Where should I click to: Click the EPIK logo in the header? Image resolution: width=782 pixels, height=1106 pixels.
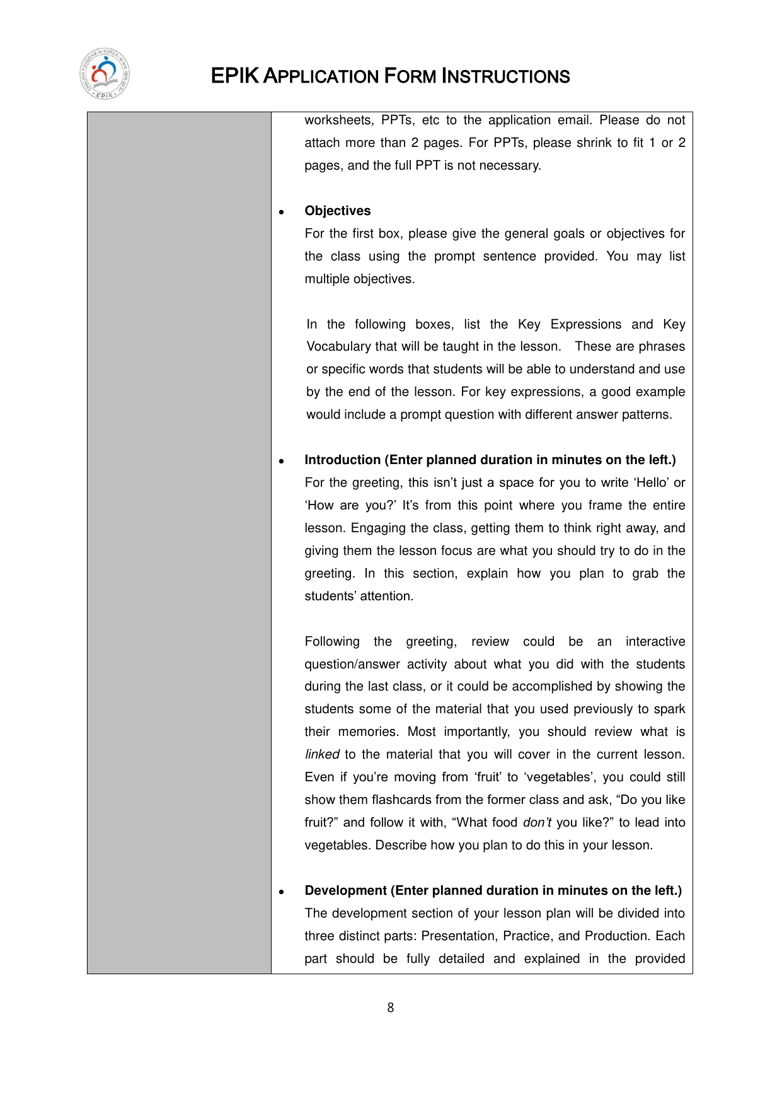[104, 74]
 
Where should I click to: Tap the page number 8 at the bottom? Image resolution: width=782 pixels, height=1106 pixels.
[391, 1008]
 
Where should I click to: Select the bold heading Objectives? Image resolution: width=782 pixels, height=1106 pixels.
[338, 211]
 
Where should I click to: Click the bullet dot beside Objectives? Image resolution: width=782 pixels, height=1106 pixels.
[282, 212]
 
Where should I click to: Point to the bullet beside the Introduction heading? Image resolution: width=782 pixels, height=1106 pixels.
[282, 462]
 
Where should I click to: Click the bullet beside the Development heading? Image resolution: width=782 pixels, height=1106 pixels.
[282, 892]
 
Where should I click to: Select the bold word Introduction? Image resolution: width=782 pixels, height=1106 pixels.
[342, 460]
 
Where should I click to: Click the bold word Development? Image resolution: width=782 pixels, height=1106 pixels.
[345, 890]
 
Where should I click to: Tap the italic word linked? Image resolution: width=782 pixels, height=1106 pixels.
[322, 755]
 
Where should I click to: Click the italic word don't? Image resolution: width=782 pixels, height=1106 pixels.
[537, 822]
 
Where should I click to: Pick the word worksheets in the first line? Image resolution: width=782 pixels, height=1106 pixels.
[339, 120]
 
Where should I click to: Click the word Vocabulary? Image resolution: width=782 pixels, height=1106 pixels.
[338, 347]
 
